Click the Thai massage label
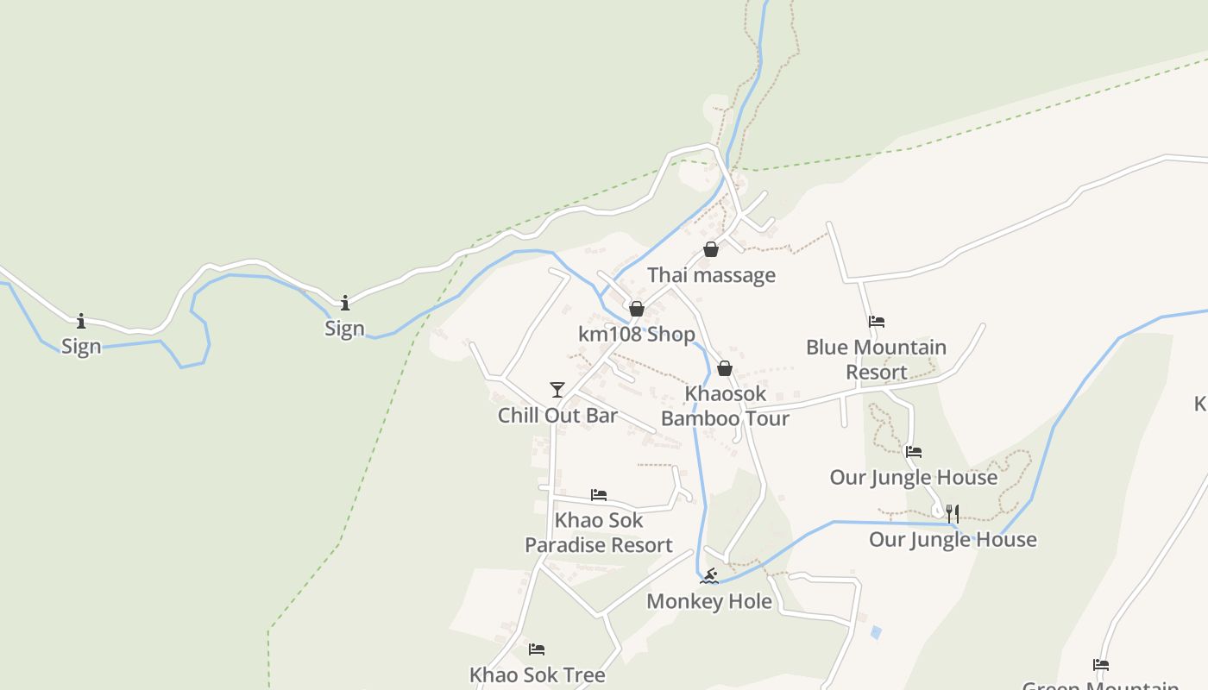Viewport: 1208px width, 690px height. point(711,275)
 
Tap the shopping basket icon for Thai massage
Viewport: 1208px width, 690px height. point(711,250)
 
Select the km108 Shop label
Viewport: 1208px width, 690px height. point(637,334)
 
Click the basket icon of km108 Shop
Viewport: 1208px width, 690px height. point(637,309)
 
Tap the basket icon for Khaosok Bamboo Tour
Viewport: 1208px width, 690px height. point(725,369)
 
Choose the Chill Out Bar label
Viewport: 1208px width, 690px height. point(557,415)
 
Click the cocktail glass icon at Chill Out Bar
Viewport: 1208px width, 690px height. point(557,390)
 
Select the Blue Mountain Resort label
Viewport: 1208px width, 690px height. point(876,360)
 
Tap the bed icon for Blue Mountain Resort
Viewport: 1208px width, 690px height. point(877,322)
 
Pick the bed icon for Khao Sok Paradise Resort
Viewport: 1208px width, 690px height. point(599,495)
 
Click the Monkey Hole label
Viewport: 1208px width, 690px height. point(709,601)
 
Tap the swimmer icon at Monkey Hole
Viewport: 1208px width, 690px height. point(709,576)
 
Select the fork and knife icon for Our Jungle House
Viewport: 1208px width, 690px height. point(953,514)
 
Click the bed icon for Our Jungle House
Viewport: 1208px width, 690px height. point(914,451)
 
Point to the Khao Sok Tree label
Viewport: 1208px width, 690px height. point(537,674)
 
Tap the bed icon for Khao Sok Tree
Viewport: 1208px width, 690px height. point(537,649)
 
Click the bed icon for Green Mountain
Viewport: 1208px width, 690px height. point(1101,665)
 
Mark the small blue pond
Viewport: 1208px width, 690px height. point(876,632)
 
